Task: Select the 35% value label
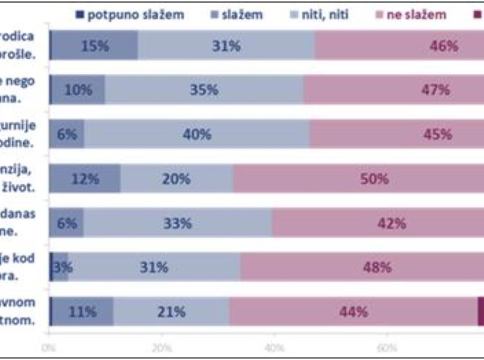coord(204,90)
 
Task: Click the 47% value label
coord(437,90)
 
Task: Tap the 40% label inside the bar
coord(197,134)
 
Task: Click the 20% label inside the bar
coord(177,179)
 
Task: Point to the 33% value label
coord(178,223)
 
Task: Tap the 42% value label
coord(392,223)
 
